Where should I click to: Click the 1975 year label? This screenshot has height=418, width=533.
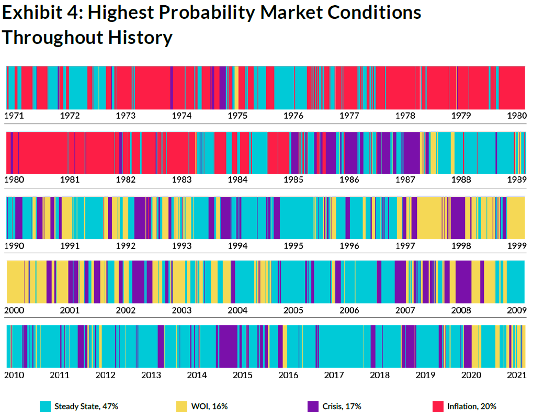[237, 116]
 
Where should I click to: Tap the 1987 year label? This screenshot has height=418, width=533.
[405, 179]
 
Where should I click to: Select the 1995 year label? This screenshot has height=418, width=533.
[293, 245]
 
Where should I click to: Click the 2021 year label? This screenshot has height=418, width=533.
[517, 375]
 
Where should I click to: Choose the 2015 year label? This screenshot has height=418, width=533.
[243, 375]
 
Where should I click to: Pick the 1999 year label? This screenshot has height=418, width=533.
[516, 245]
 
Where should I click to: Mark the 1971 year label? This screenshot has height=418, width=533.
[14, 116]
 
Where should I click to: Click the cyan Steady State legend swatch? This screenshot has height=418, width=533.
[46, 406]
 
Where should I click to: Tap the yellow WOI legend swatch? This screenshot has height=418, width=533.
[182, 406]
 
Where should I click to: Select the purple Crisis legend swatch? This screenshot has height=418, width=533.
[313, 406]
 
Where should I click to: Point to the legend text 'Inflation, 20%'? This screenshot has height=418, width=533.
[472, 406]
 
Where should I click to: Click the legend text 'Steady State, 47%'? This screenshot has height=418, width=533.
[86, 406]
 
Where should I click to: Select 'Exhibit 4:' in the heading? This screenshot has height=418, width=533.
[42, 13]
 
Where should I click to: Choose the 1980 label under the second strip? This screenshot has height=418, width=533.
[14, 179]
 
